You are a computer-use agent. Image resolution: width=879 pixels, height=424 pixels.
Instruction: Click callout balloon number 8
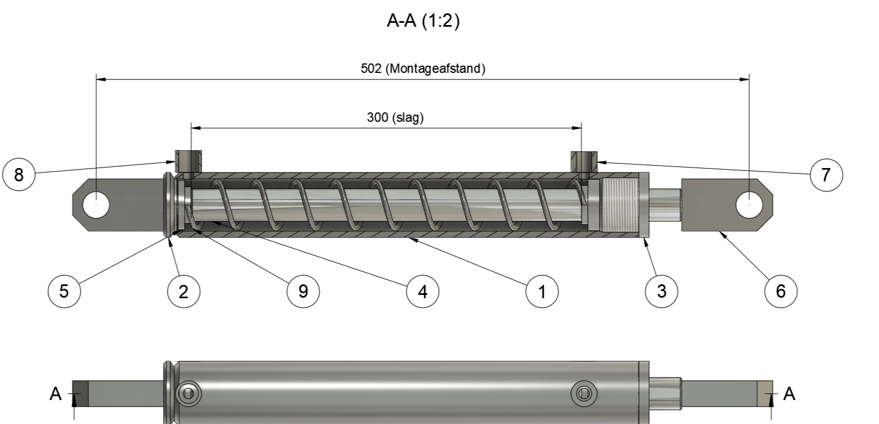point(19,175)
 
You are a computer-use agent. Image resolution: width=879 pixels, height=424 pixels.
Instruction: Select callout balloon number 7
point(826,175)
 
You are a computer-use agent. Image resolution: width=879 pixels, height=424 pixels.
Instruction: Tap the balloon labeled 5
point(64,290)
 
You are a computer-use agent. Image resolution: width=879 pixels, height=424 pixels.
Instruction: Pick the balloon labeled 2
point(184,290)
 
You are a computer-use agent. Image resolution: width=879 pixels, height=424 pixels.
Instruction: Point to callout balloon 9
point(303,290)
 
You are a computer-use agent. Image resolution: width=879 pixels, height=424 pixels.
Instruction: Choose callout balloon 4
point(423,290)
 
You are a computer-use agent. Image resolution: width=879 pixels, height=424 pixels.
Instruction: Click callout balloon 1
point(542,290)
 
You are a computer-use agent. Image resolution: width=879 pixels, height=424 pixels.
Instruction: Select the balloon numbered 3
point(661,290)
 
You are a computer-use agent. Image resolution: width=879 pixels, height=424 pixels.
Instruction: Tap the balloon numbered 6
point(780,290)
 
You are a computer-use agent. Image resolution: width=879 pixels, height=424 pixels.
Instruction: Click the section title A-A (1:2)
point(423,21)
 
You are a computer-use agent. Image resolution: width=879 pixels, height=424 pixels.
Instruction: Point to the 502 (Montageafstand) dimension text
point(423,68)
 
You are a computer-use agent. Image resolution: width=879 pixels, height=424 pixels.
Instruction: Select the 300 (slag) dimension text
point(395,117)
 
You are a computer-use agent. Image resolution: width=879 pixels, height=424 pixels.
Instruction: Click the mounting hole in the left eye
point(96,205)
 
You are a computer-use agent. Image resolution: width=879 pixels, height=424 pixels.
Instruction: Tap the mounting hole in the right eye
point(749,205)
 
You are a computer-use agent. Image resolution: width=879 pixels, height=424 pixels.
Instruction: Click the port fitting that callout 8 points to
point(189,161)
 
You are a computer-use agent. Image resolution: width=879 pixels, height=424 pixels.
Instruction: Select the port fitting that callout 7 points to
point(584,161)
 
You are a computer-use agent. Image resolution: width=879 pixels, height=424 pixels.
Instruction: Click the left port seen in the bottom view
point(189,394)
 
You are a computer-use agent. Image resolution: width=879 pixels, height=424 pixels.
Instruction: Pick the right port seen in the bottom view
point(584,394)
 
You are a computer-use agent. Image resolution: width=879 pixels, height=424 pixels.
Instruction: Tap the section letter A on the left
point(56,394)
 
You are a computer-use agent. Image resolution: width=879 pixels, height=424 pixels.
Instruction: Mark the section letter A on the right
point(789,394)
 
